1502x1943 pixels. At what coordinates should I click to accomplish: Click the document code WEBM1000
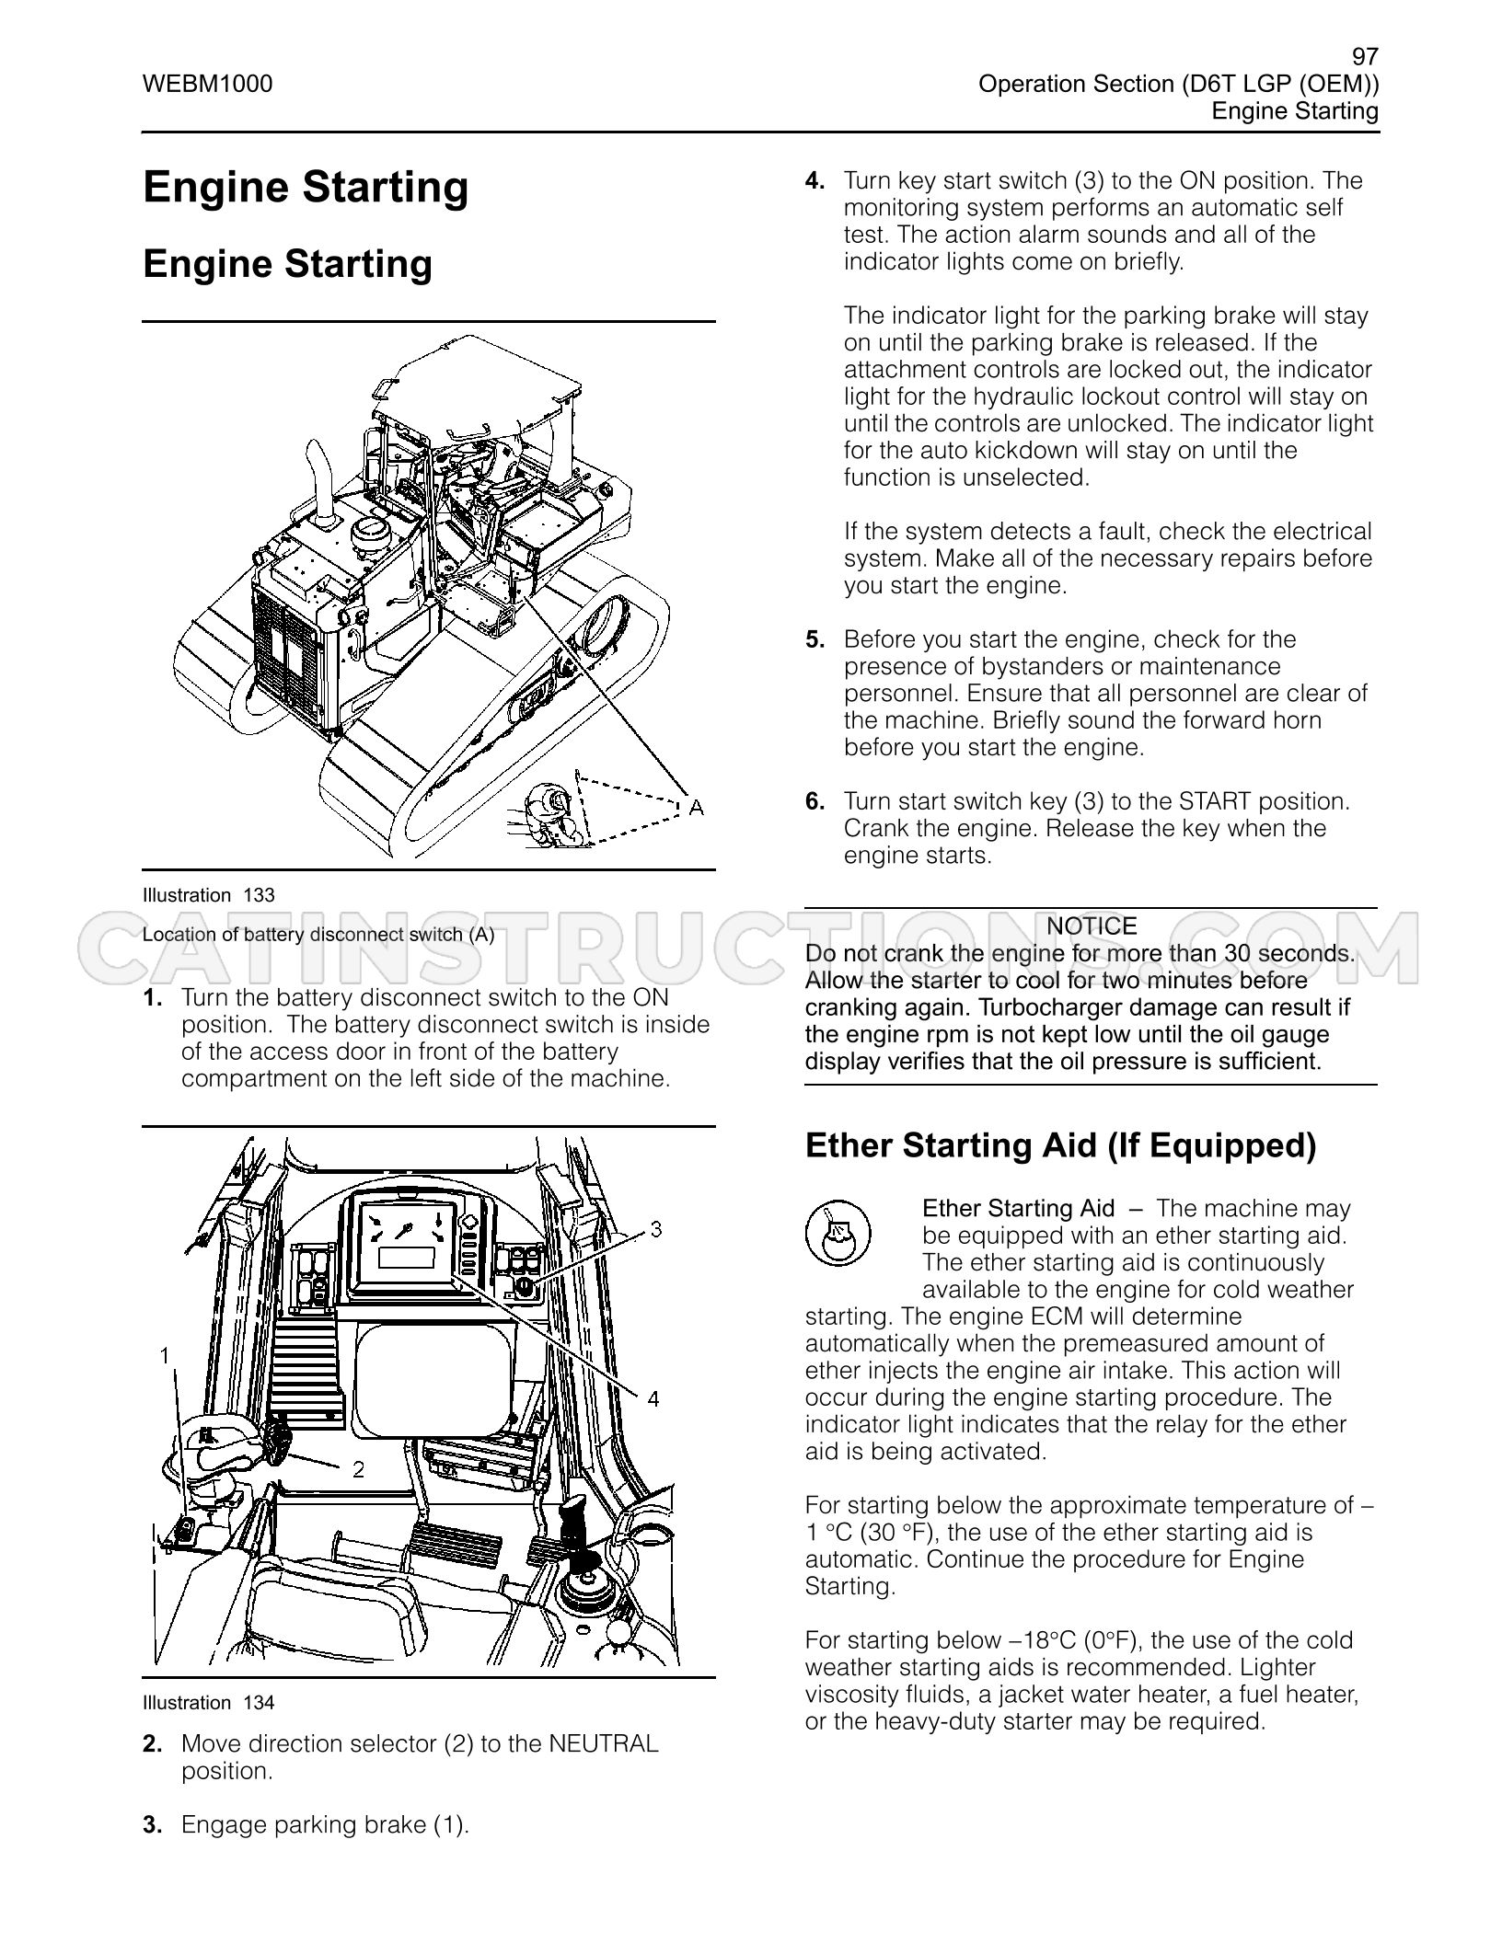[208, 85]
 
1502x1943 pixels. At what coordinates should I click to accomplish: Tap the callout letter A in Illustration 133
[697, 807]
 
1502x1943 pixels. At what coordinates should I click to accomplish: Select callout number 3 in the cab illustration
[656, 1229]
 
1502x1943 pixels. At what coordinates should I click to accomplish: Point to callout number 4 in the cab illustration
[653, 1399]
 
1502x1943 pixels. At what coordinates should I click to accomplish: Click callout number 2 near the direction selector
[359, 1470]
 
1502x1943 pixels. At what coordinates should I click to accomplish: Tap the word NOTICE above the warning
[1092, 926]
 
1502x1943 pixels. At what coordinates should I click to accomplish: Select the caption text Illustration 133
[209, 895]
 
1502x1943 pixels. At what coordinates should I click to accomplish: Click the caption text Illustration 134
[209, 1703]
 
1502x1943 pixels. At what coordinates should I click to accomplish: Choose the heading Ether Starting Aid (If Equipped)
[1061, 1145]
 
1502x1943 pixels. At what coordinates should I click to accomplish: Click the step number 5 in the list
[815, 639]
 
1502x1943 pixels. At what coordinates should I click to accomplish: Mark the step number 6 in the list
[815, 801]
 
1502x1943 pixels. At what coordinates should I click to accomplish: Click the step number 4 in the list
[815, 181]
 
